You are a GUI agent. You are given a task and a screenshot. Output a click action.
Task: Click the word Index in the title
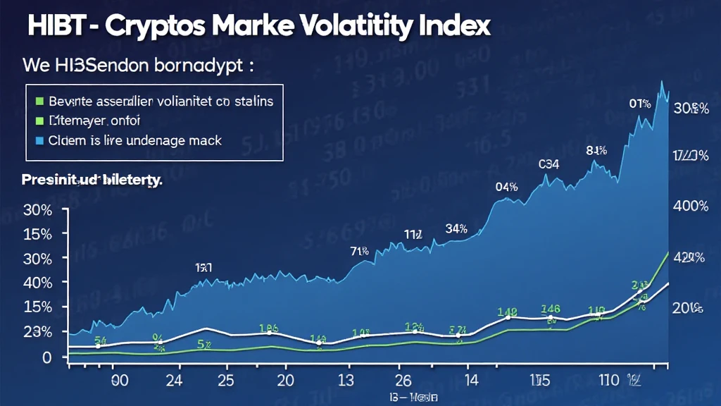(x=449, y=26)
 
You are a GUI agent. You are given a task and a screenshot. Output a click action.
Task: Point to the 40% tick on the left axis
(x=37, y=283)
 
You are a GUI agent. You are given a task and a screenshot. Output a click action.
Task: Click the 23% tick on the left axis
(x=37, y=332)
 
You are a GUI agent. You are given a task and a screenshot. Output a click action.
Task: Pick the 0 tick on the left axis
(x=46, y=357)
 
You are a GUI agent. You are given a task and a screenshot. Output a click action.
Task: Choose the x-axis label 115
(x=539, y=381)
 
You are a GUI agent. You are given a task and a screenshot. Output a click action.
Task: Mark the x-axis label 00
(x=120, y=381)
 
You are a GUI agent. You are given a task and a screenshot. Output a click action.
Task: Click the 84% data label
(x=596, y=150)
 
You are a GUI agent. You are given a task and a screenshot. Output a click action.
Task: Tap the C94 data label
(x=548, y=165)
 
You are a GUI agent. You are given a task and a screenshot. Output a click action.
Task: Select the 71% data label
(x=360, y=250)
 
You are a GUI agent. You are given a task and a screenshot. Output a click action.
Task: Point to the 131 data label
(x=203, y=267)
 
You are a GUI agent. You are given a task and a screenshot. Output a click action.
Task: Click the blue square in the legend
(x=39, y=140)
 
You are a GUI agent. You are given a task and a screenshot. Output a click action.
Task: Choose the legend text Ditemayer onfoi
(x=95, y=121)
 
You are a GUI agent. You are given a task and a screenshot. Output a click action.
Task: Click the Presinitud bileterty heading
(x=92, y=180)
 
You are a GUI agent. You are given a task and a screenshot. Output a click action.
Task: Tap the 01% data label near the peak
(x=639, y=104)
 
